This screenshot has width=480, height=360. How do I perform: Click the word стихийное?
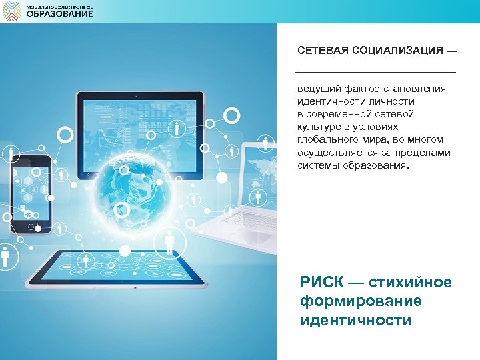pos(410,283)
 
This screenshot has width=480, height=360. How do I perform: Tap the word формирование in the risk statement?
pos(361,301)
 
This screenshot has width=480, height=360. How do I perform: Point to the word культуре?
pos(319,127)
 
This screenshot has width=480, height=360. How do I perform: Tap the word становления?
pos(417,89)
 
